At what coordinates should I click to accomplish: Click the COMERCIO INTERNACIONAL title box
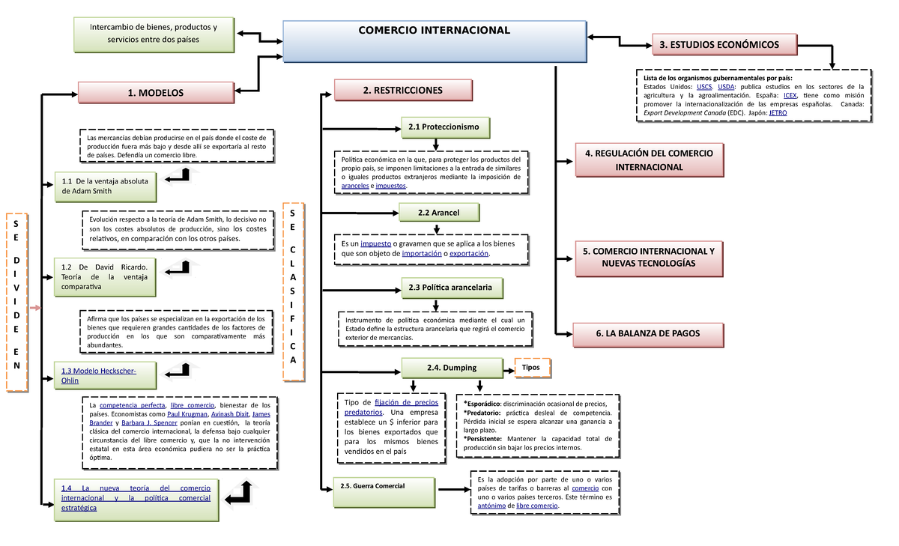pyautogui.click(x=434, y=40)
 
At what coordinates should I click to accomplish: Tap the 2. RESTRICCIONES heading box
pyautogui.click(x=402, y=91)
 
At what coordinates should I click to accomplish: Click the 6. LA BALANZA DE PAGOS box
pyautogui.click(x=648, y=334)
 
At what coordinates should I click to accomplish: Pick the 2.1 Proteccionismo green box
pyautogui.click(x=444, y=127)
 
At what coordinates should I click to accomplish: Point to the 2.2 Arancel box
pyautogui.click(x=439, y=213)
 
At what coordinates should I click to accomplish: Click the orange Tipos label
pyautogui.click(x=531, y=368)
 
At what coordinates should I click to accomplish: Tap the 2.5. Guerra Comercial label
pyautogui.click(x=372, y=486)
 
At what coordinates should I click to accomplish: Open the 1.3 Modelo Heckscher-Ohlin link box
pyautogui.click(x=105, y=375)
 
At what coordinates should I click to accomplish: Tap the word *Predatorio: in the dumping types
pyautogui.click(x=484, y=413)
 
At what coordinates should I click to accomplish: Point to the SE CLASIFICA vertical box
pyautogui.click(x=293, y=285)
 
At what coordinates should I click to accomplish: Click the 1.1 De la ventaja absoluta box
pyautogui.click(x=105, y=186)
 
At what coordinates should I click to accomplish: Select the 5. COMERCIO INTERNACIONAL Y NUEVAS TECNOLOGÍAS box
pyautogui.click(x=649, y=258)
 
